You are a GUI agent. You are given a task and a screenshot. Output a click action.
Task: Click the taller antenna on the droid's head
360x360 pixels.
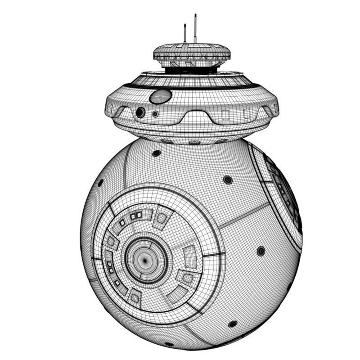[195, 28]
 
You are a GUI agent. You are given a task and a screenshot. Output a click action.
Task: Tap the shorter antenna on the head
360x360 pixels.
[184, 34]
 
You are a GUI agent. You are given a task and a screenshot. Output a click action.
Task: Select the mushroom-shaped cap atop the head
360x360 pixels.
[191, 53]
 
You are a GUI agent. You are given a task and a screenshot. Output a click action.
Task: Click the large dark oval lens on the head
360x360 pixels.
[161, 96]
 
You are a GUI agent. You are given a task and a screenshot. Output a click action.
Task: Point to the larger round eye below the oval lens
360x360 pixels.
[141, 112]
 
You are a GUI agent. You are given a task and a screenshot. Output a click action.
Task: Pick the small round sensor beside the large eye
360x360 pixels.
[155, 114]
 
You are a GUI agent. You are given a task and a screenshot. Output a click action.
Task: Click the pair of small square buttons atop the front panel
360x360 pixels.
[135, 216]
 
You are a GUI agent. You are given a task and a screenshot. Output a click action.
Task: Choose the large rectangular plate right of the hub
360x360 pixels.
[190, 256]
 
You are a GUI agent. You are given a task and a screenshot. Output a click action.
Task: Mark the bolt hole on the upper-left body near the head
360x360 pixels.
[156, 153]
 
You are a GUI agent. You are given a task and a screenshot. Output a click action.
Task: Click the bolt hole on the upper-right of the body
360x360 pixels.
[228, 180]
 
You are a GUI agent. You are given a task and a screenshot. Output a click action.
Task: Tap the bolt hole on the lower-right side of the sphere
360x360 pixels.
[261, 251]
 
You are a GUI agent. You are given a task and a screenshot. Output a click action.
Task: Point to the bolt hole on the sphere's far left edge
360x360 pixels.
[100, 183]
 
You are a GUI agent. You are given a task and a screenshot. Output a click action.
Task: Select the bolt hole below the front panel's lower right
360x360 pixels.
[232, 324]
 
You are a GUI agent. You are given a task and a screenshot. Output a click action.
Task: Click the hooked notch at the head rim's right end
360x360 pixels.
[271, 110]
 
